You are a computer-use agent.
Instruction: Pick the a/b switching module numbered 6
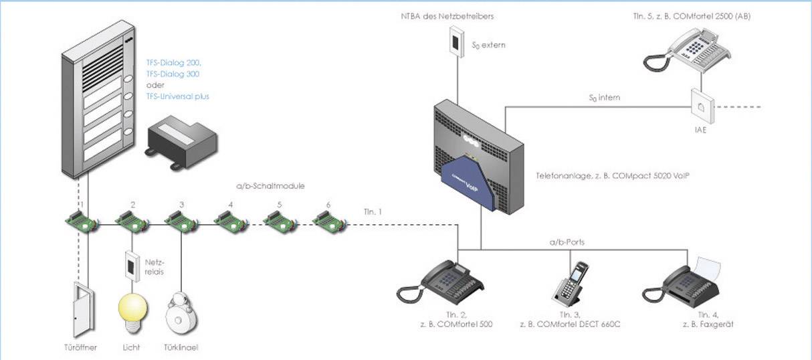pos(328,220)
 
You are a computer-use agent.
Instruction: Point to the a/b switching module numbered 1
pos(81,220)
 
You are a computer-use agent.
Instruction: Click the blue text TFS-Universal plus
pos(177,96)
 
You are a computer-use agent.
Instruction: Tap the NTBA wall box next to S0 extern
pos(456,41)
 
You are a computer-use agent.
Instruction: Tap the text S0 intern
pos(604,98)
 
